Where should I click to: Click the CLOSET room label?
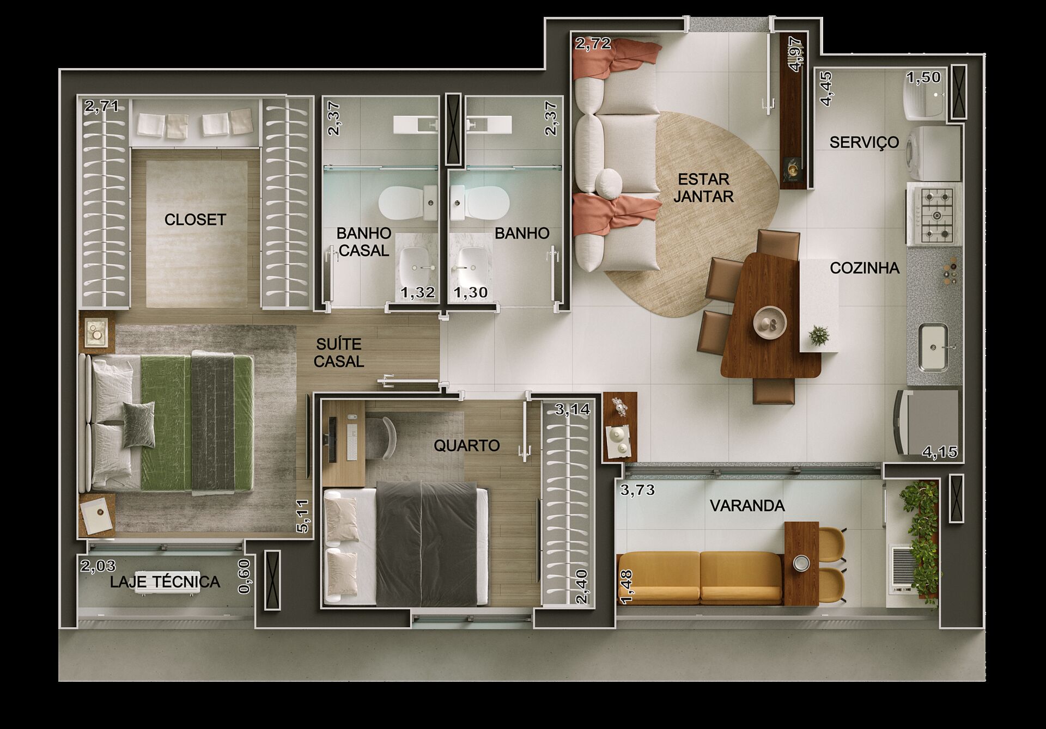click(x=195, y=219)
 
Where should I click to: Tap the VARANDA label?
click(x=747, y=506)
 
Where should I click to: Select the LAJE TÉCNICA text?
click(x=165, y=582)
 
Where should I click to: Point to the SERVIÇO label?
click(x=864, y=142)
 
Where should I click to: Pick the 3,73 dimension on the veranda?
click(x=638, y=490)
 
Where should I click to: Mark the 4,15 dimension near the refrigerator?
click(x=940, y=452)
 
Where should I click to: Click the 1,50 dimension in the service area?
click(x=923, y=77)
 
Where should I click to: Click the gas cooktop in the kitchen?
click(x=934, y=216)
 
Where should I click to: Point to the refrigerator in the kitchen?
click(x=926, y=422)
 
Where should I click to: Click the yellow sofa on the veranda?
click(x=700, y=578)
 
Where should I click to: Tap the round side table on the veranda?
click(x=800, y=563)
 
